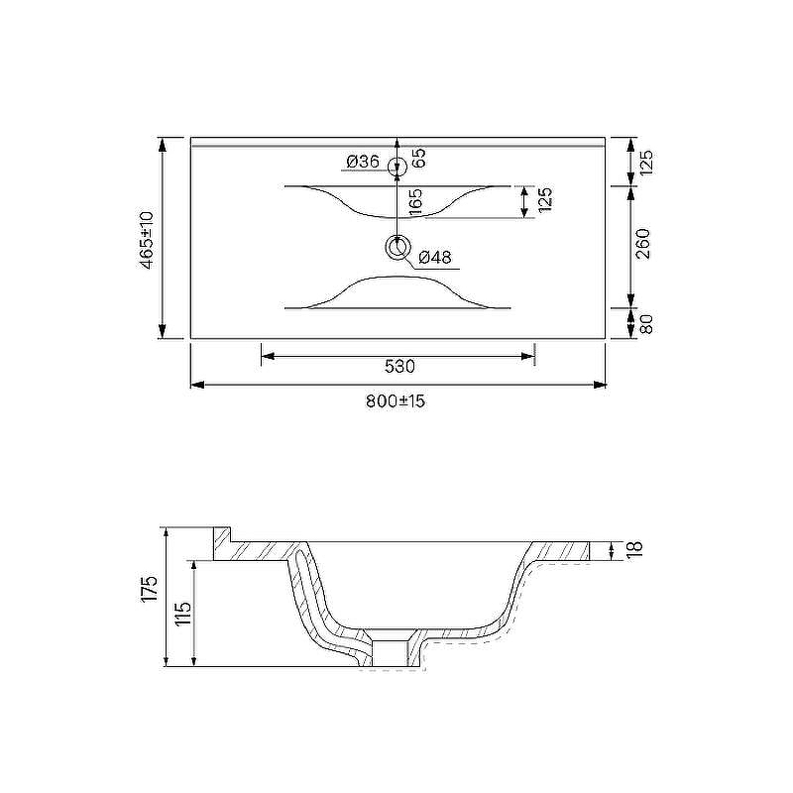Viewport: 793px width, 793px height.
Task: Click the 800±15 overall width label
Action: [x=395, y=401]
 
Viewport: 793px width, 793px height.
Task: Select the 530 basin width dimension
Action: [x=399, y=366]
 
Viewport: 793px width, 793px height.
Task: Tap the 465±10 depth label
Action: [x=146, y=240]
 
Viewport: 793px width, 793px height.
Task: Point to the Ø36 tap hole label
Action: [x=363, y=162]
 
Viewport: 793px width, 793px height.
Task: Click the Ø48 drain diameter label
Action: [x=435, y=258]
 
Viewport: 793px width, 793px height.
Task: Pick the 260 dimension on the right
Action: [x=642, y=244]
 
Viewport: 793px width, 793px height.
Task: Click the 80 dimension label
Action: [x=646, y=324]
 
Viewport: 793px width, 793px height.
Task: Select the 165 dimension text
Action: [x=414, y=202]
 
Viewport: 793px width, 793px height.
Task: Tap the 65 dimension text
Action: [x=418, y=158]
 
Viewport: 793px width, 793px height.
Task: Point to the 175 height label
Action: [x=150, y=589]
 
